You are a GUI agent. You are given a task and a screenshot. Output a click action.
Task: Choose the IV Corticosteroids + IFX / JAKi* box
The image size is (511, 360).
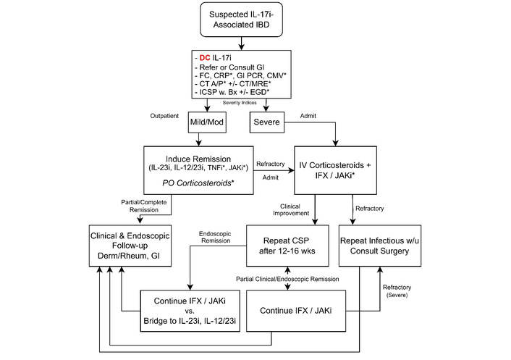click(x=334, y=171)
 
